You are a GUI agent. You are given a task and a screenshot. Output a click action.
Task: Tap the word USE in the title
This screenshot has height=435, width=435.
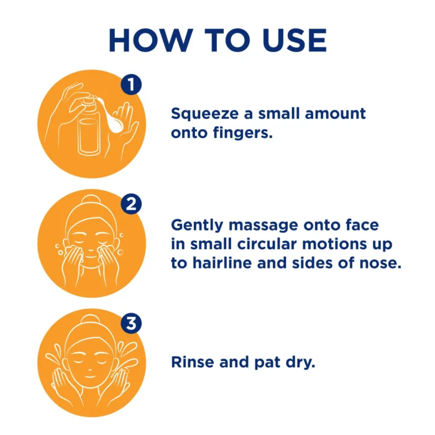point(295,40)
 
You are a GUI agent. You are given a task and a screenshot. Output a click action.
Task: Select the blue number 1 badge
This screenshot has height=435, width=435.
point(131,85)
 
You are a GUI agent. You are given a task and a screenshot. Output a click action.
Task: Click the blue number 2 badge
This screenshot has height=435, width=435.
point(131,204)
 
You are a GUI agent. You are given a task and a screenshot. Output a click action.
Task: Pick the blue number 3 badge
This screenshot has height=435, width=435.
point(131,324)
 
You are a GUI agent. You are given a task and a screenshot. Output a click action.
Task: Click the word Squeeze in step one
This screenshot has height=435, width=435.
point(204,114)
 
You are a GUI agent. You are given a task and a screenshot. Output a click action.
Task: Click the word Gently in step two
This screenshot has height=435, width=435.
point(197,225)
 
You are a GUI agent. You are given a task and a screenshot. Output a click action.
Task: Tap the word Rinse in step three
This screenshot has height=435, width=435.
point(193,362)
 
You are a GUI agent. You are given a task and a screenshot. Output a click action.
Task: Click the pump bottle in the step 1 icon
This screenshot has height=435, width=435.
point(89,125)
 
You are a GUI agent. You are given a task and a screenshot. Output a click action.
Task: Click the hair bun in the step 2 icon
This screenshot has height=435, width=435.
point(91,199)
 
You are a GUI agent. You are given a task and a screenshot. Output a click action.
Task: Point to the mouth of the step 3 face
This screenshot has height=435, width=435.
point(90,377)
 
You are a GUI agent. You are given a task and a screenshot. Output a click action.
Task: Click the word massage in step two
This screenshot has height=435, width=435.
point(263,226)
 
